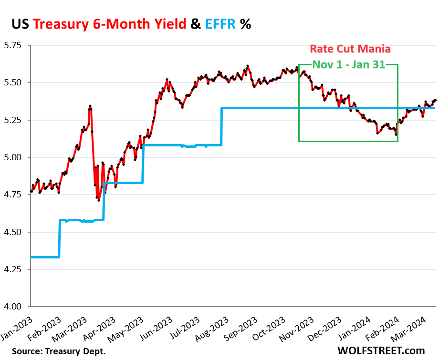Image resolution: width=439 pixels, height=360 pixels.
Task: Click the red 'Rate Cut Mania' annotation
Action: point(350,49)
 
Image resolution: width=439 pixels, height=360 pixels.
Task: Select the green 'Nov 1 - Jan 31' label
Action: point(348,65)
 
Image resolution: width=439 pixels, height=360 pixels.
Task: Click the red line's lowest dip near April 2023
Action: point(99,200)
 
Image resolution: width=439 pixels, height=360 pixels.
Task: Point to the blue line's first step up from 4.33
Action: point(59,238)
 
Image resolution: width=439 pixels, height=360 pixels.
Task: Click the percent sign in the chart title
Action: point(246,23)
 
